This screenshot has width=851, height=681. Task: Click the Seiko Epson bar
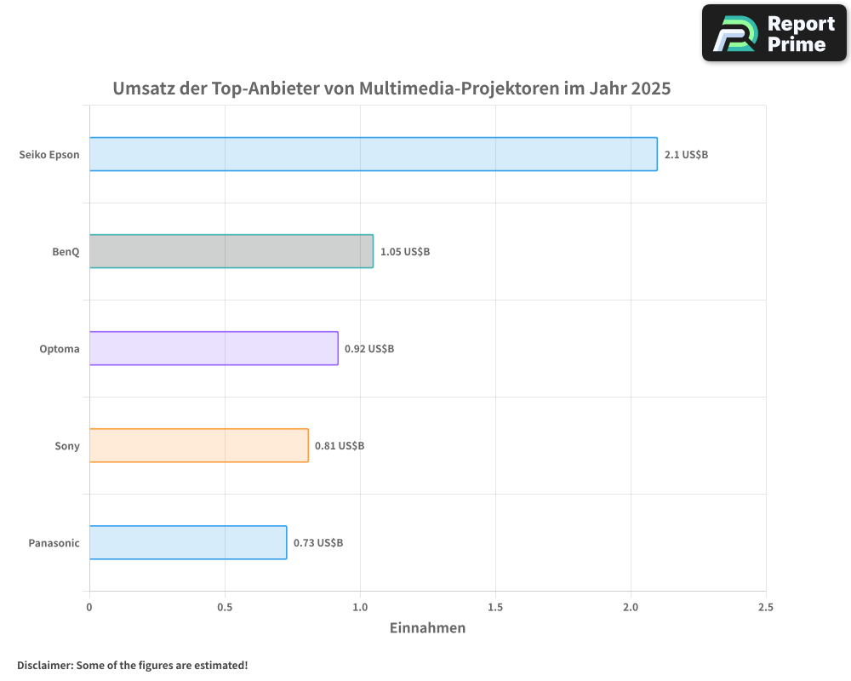coord(373,154)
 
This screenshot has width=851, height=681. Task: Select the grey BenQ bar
coord(231,251)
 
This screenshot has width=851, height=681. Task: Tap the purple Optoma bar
coord(214,348)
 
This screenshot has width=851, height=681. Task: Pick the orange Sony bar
coord(198,445)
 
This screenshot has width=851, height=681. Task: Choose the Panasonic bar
coord(188,542)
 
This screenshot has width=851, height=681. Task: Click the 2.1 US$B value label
coord(686,155)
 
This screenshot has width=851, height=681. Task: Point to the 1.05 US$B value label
coord(405,252)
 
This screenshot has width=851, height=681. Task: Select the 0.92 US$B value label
coord(369,349)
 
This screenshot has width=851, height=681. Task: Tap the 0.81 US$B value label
coord(340,446)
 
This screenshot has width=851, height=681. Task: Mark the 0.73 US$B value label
coord(318,543)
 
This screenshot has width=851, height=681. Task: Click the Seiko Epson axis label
coord(49,155)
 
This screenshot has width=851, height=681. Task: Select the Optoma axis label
coord(60,349)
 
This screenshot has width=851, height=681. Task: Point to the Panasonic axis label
coord(54,543)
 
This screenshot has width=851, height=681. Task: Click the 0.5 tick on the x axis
coord(225,607)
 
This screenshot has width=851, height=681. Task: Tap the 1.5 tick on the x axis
coord(495,607)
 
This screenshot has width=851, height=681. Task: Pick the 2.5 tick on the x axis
coord(766,607)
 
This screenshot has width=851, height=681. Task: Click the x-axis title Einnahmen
coord(427,628)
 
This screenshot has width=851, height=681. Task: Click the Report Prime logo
coord(774,33)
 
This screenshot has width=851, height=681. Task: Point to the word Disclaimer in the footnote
coord(44,665)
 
